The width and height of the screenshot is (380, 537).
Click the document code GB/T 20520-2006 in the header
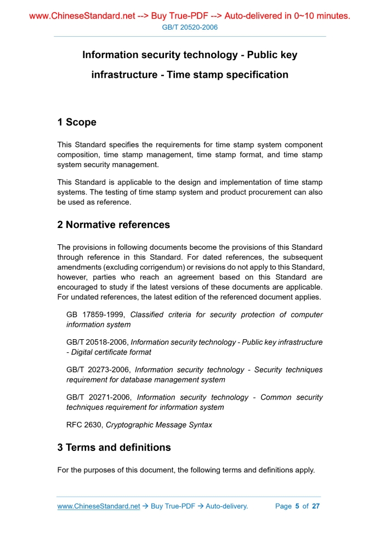[x=190, y=27]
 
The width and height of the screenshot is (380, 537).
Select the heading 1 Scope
[x=77, y=122]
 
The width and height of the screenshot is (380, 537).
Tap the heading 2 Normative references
[x=114, y=225]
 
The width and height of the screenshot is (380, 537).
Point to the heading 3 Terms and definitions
[x=114, y=448]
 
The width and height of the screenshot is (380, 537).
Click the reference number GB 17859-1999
[x=96, y=315]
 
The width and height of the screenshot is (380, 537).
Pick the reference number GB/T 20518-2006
[x=97, y=342]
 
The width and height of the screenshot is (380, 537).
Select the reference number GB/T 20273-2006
[x=98, y=370]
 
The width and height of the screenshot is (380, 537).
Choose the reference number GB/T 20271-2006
[x=99, y=397]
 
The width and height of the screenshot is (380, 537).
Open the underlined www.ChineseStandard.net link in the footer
[x=99, y=506]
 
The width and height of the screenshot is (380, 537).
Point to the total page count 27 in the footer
[x=316, y=506]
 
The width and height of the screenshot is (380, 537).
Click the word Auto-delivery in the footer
[x=226, y=506]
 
